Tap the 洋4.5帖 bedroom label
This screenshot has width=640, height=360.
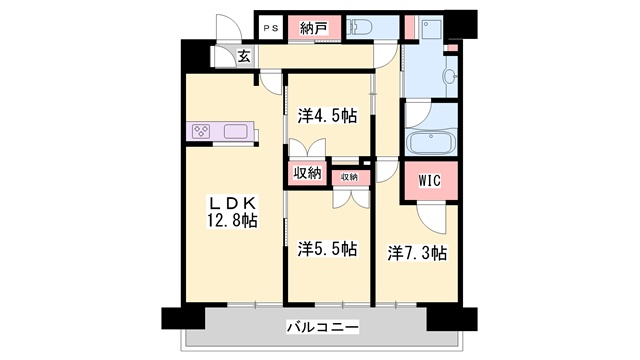[327, 116]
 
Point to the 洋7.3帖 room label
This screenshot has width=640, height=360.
[417, 252]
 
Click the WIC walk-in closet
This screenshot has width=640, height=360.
[429, 182]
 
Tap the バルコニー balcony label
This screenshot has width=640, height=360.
[322, 326]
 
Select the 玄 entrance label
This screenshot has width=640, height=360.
[244, 56]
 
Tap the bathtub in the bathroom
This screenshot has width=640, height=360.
[431, 140]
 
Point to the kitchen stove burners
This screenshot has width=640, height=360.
[202, 131]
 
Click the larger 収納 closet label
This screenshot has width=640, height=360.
[307, 173]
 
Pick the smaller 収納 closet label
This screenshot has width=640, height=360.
[348, 176]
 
